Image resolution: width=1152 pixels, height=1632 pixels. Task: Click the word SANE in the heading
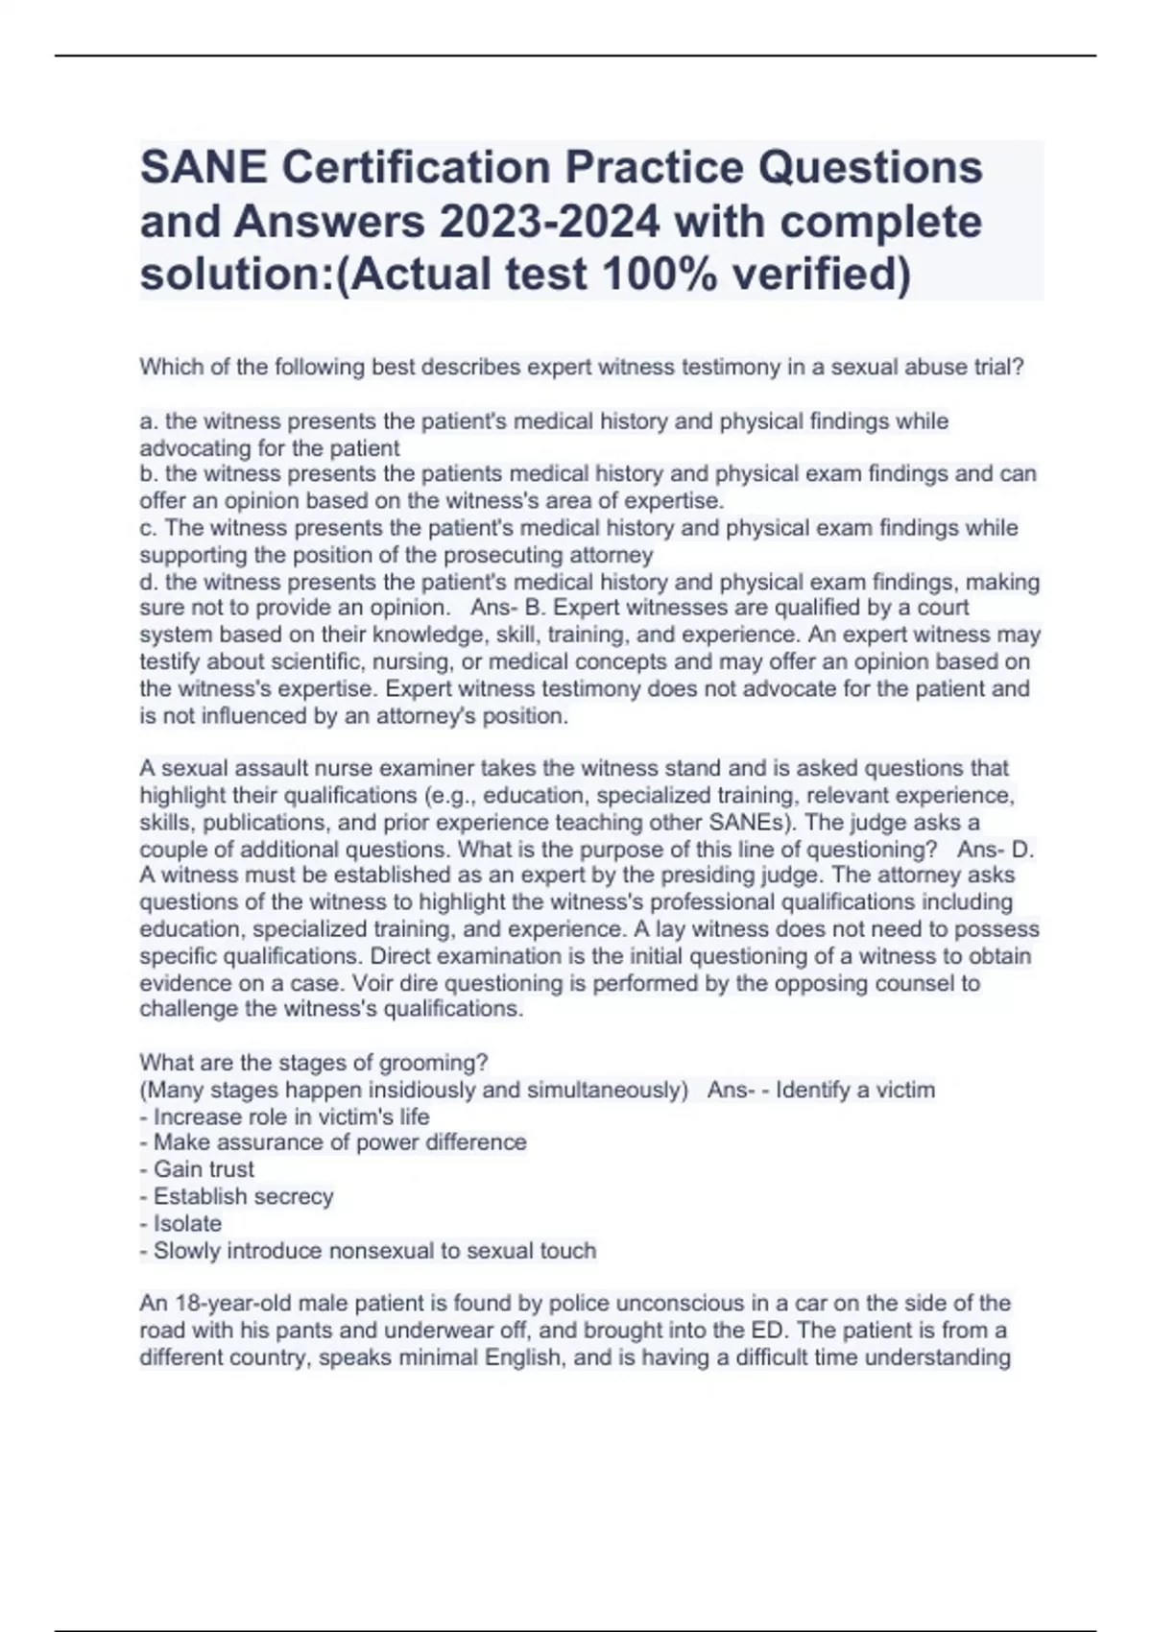click(203, 168)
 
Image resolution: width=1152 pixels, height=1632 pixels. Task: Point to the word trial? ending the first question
click(997, 367)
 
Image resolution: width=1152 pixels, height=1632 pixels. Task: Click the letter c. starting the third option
click(149, 528)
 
